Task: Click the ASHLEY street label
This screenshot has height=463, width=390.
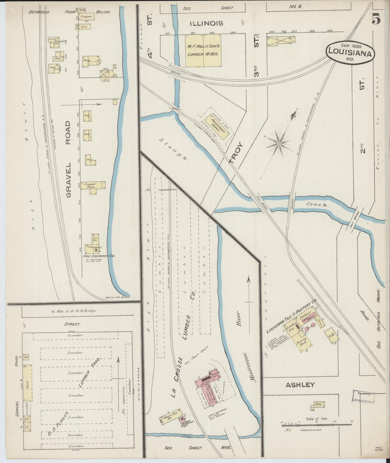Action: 300,385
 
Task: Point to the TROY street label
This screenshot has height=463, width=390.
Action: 236,153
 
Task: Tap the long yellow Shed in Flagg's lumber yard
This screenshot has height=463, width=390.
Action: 27,383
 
